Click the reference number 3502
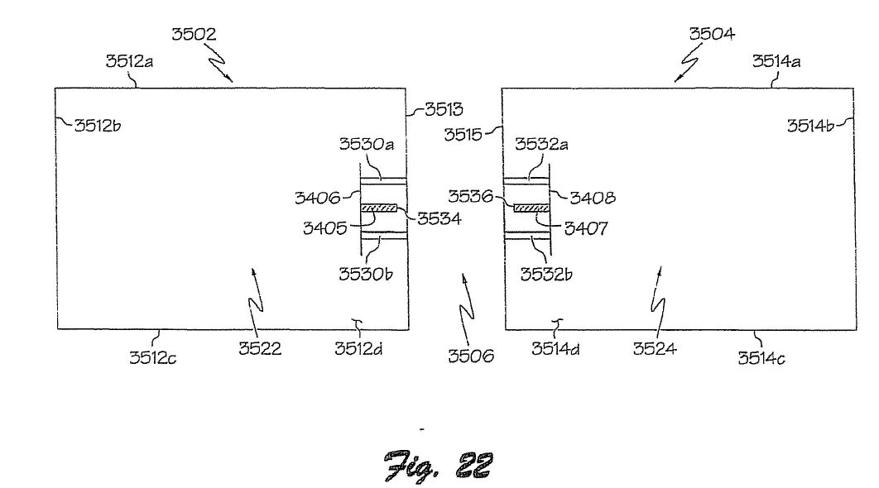pos(194,34)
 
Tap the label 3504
pos(712,34)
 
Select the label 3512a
pos(129,61)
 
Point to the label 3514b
pos(810,126)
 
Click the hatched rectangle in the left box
pos(378,208)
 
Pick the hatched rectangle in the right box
pos(531,208)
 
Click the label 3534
pos(439,218)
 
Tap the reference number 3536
pos(470,196)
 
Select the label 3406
pos(317,197)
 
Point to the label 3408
pos(593,197)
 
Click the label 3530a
pos(367,144)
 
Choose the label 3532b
pos(546,274)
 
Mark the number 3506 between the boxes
pos(471,356)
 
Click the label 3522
pos(260,348)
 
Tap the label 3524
pos(655,348)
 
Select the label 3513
pos(444,109)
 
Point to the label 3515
pos(463,135)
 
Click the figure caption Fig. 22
pos(439,465)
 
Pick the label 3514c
pos(761,358)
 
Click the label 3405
pos(324,228)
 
